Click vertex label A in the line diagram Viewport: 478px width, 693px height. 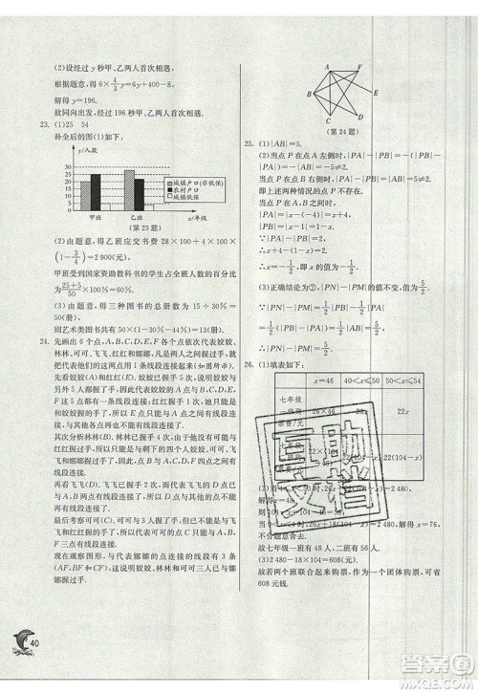click(x=327, y=66)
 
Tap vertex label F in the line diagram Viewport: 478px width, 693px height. click(x=358, y=66)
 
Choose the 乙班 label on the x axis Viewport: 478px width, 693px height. click(x=135, y=219)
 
